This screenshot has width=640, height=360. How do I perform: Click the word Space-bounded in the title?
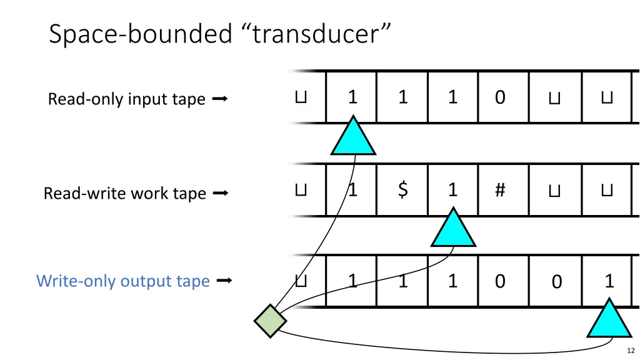pos(141,34)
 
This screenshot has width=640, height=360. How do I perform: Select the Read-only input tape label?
pos(126,99)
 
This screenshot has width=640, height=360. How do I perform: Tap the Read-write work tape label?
pos(124,193)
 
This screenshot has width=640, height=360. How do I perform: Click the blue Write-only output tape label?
pos(123,281)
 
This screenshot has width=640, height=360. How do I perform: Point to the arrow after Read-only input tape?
pos(219,99)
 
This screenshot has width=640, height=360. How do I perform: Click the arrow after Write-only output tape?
pos(223,281)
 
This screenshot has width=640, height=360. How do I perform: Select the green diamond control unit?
pos(270,321)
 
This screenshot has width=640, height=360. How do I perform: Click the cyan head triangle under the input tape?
pos(353,139)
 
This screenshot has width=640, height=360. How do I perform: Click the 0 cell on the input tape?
pos(500,97)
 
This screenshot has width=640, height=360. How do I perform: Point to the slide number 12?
pos(630,351)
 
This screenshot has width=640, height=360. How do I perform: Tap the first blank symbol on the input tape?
pos(301,97)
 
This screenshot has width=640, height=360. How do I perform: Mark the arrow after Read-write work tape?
pos(220,193)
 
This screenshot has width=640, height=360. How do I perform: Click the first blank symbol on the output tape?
pos(301,281)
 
